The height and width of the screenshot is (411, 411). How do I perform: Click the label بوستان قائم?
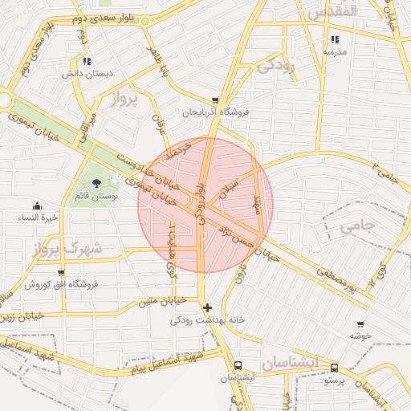tap(96, 195)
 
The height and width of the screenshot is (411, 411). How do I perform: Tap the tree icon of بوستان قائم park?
tap(97, 184)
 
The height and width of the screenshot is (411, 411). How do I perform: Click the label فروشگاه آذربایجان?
tap(214, 112)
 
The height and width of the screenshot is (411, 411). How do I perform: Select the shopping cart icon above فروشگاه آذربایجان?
tap(214, 101)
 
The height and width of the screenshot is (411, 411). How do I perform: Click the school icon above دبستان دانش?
tap(87, 60)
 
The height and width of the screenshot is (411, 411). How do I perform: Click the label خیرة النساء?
tap(37, 217)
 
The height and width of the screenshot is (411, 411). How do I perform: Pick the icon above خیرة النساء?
tap(37, 205)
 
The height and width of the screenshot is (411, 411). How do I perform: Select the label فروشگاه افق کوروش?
tap(60, 284)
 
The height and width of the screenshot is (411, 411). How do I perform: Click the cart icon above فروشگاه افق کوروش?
tap(61, 273)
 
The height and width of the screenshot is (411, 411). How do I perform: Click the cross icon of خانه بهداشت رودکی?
tap(208, 307)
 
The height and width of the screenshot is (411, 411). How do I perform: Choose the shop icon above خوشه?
tap(360, 324)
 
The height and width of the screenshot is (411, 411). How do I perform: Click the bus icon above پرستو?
tap(334, 368)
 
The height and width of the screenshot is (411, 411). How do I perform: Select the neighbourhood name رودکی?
tap(275, 66)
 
